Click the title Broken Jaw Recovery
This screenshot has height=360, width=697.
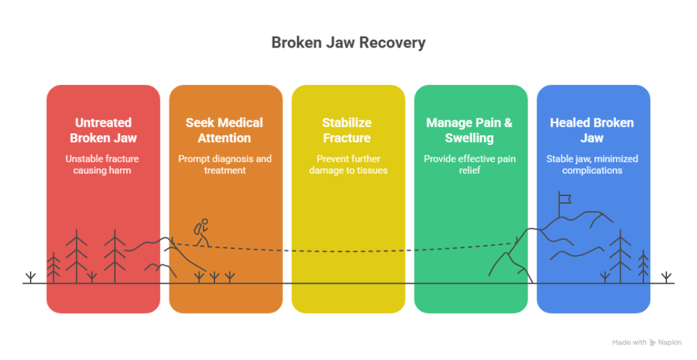(x=348, y=43)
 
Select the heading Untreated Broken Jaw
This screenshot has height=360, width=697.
(x=103, y=130)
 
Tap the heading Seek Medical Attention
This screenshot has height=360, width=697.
(x=225, y=130)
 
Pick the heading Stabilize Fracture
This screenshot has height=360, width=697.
(x=347, y=130)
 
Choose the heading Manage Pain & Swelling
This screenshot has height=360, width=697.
(x=470, y=130)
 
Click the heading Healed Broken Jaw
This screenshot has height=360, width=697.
(x=592, y=130)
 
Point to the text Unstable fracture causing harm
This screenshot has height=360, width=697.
(x=103, y=164)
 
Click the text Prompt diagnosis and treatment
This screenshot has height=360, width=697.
(x=225, y=164)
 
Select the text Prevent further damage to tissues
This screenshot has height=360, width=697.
(x=347, y=164)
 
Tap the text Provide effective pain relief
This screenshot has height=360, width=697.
(x=470, y=164)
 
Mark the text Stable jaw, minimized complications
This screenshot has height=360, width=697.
(x=592, y=164)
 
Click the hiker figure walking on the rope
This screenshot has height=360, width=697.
(x=201, y=233)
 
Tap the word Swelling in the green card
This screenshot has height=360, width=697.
(x=470, y=138)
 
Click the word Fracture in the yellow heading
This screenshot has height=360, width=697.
(x=347, y=138)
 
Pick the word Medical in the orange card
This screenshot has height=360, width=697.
(x=240, y=122)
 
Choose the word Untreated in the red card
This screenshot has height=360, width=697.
(x=103, y=122)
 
